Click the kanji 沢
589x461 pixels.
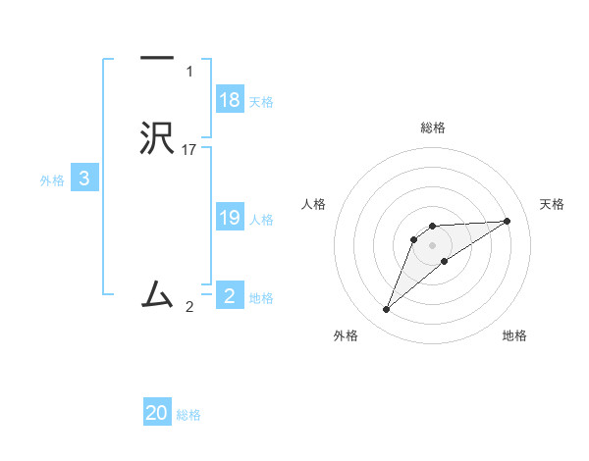pyautogui.click(x=157, y=138)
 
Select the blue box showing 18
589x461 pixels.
pyautogui.click(x=230, y=100)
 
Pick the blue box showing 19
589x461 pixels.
pyautogui.click(x=230, y=218)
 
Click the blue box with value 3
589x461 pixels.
pyautogui.click(x=84, y=179)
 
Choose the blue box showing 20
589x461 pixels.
pyautogui.click(x=157, y=413)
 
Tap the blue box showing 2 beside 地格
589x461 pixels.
pyautogui.click(x=230, y=295)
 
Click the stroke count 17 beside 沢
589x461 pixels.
pyautogui.click(x=189, y=149)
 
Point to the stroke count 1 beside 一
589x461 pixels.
pyautogui.click(x=189, y=72)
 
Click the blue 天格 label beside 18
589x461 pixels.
pyautogui.click(x=261, y=102)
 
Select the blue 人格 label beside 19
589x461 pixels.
pyautogui.click(x=261, y=220)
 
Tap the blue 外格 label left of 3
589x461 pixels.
pyautogui.click(x=51, y=180)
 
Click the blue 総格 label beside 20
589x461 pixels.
pyautogui.click(x=188, y=415)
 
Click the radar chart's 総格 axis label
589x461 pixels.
pyautogui.click(x=432, y=128)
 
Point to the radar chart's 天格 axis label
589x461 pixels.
pyautogui.click(x=552, y=204)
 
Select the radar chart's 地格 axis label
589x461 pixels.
pyautogui.click(x=514, y=335)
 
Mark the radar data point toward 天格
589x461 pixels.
pyautogui.click(x=508, y=221)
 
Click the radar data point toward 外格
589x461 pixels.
pyautogui.click(x=386, y=310)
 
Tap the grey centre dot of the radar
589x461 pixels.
pyautogui.click(x=432, y=244)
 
